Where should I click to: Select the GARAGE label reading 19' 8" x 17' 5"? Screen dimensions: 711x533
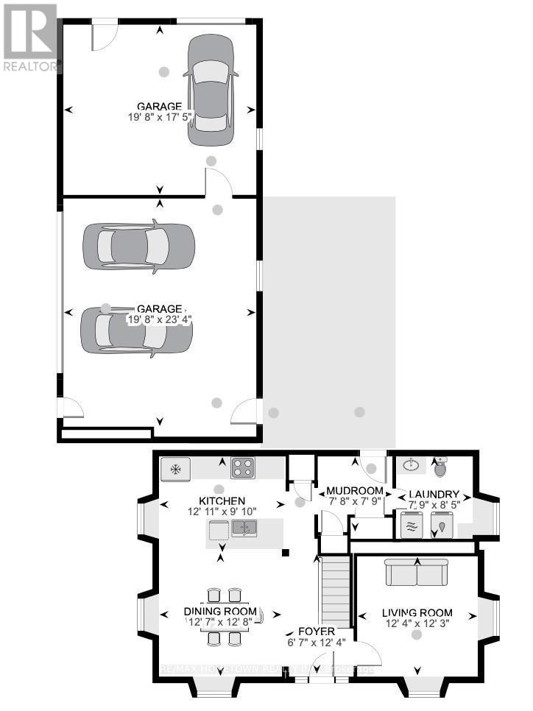(160, 111)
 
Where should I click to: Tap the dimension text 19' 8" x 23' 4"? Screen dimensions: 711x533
(160, 319)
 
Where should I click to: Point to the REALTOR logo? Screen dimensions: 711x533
(30, 37)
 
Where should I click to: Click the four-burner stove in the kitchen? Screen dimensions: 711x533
(243, 467)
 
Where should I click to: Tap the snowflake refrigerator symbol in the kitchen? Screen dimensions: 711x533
(177, 468)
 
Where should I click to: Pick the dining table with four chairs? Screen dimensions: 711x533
(222, 615)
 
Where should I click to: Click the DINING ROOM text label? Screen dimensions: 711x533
(221, 612)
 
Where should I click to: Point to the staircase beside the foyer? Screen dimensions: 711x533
(334, 590)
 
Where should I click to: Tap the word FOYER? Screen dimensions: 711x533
(317, 632)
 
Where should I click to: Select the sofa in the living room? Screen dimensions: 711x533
(417, 571)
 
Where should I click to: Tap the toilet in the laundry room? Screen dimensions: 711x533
(441, 467)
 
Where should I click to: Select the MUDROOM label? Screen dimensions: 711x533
(355, 491)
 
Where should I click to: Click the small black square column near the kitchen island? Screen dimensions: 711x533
(287, 552)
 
